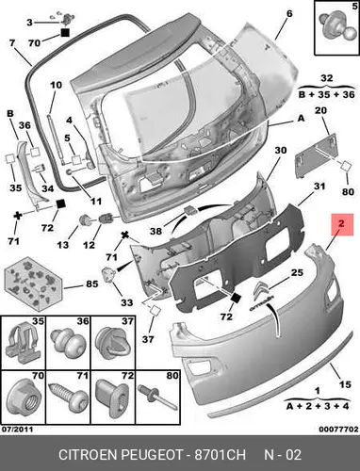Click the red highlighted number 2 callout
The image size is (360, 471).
(x=341, y=224)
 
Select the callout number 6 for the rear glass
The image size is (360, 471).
(x=289, y=14)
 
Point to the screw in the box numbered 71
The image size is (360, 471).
(x=69, y=397)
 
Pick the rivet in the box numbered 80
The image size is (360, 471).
(x=157, y=398)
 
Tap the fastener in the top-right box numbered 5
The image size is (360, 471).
(x=337, y=26)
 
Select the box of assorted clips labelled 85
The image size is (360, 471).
(x=34, y=282)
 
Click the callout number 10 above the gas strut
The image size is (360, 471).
(x=57, y=85)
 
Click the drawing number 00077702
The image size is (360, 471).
(x=338, y=430)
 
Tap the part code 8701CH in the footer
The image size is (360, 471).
(x=220, y=455)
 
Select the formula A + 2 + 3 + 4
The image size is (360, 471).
(x=318, y=406)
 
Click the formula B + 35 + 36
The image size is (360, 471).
(x=327, y=94)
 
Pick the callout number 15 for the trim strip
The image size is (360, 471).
(x=345, y=384)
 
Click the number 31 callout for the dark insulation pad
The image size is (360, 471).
(x=319, y=187)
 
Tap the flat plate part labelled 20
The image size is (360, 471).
(x=315, y=155)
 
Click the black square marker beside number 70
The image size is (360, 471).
(x=65, y=33)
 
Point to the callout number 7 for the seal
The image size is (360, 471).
(x=12, y=42)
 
